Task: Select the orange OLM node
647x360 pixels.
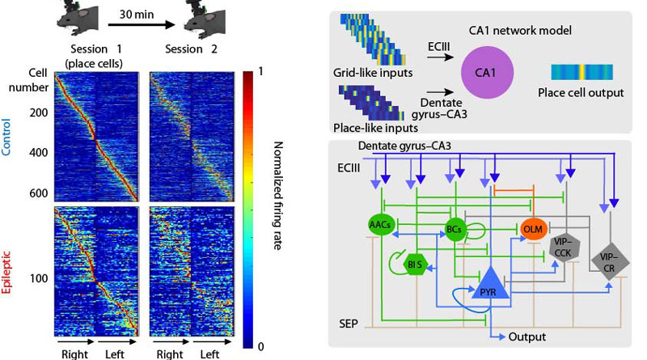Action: coord(532,229)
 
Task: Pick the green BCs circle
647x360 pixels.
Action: coord(455,230)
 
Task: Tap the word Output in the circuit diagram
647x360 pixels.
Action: coord(530,337)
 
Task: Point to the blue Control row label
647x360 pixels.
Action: coord(9,133)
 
